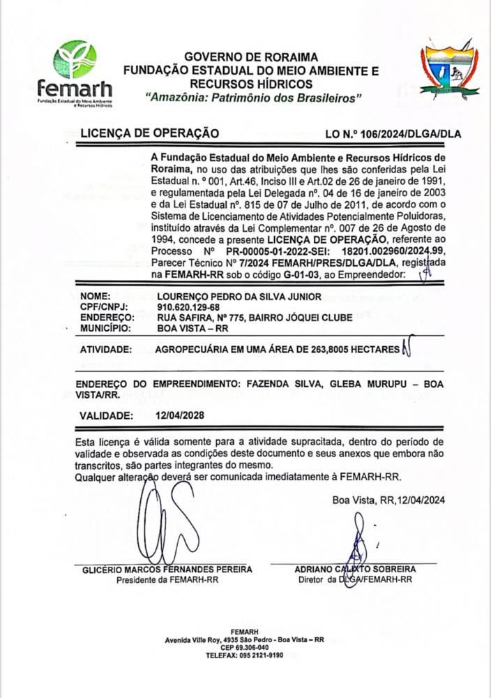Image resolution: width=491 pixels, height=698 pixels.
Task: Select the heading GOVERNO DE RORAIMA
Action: click(x=251, y=57)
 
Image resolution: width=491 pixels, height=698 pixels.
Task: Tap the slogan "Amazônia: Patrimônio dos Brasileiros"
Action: click(x=251, y=97)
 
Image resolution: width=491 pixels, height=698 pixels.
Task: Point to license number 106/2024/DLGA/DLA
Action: click(x=402, y=133)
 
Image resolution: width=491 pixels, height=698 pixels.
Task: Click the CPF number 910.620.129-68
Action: click(x=179, y=307)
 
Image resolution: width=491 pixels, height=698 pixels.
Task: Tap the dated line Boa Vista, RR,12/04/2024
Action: click(x=388, y=499)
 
